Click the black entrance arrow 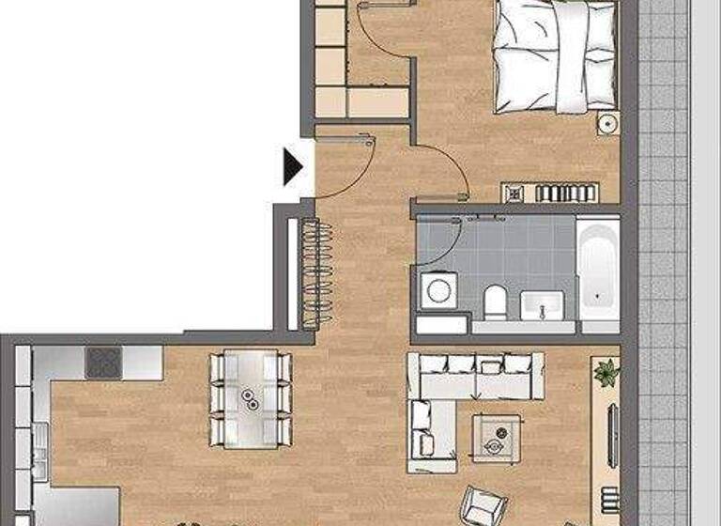(x=294, y=166)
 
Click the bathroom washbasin (x=542, y=305)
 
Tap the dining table (x=251, y=397)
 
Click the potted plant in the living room (x=606, y=371)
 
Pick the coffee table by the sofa (x=497, y=438)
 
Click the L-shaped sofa (x=451, y=394)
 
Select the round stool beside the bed (x=607, y=123)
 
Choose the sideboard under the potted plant (x=606, y=441)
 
